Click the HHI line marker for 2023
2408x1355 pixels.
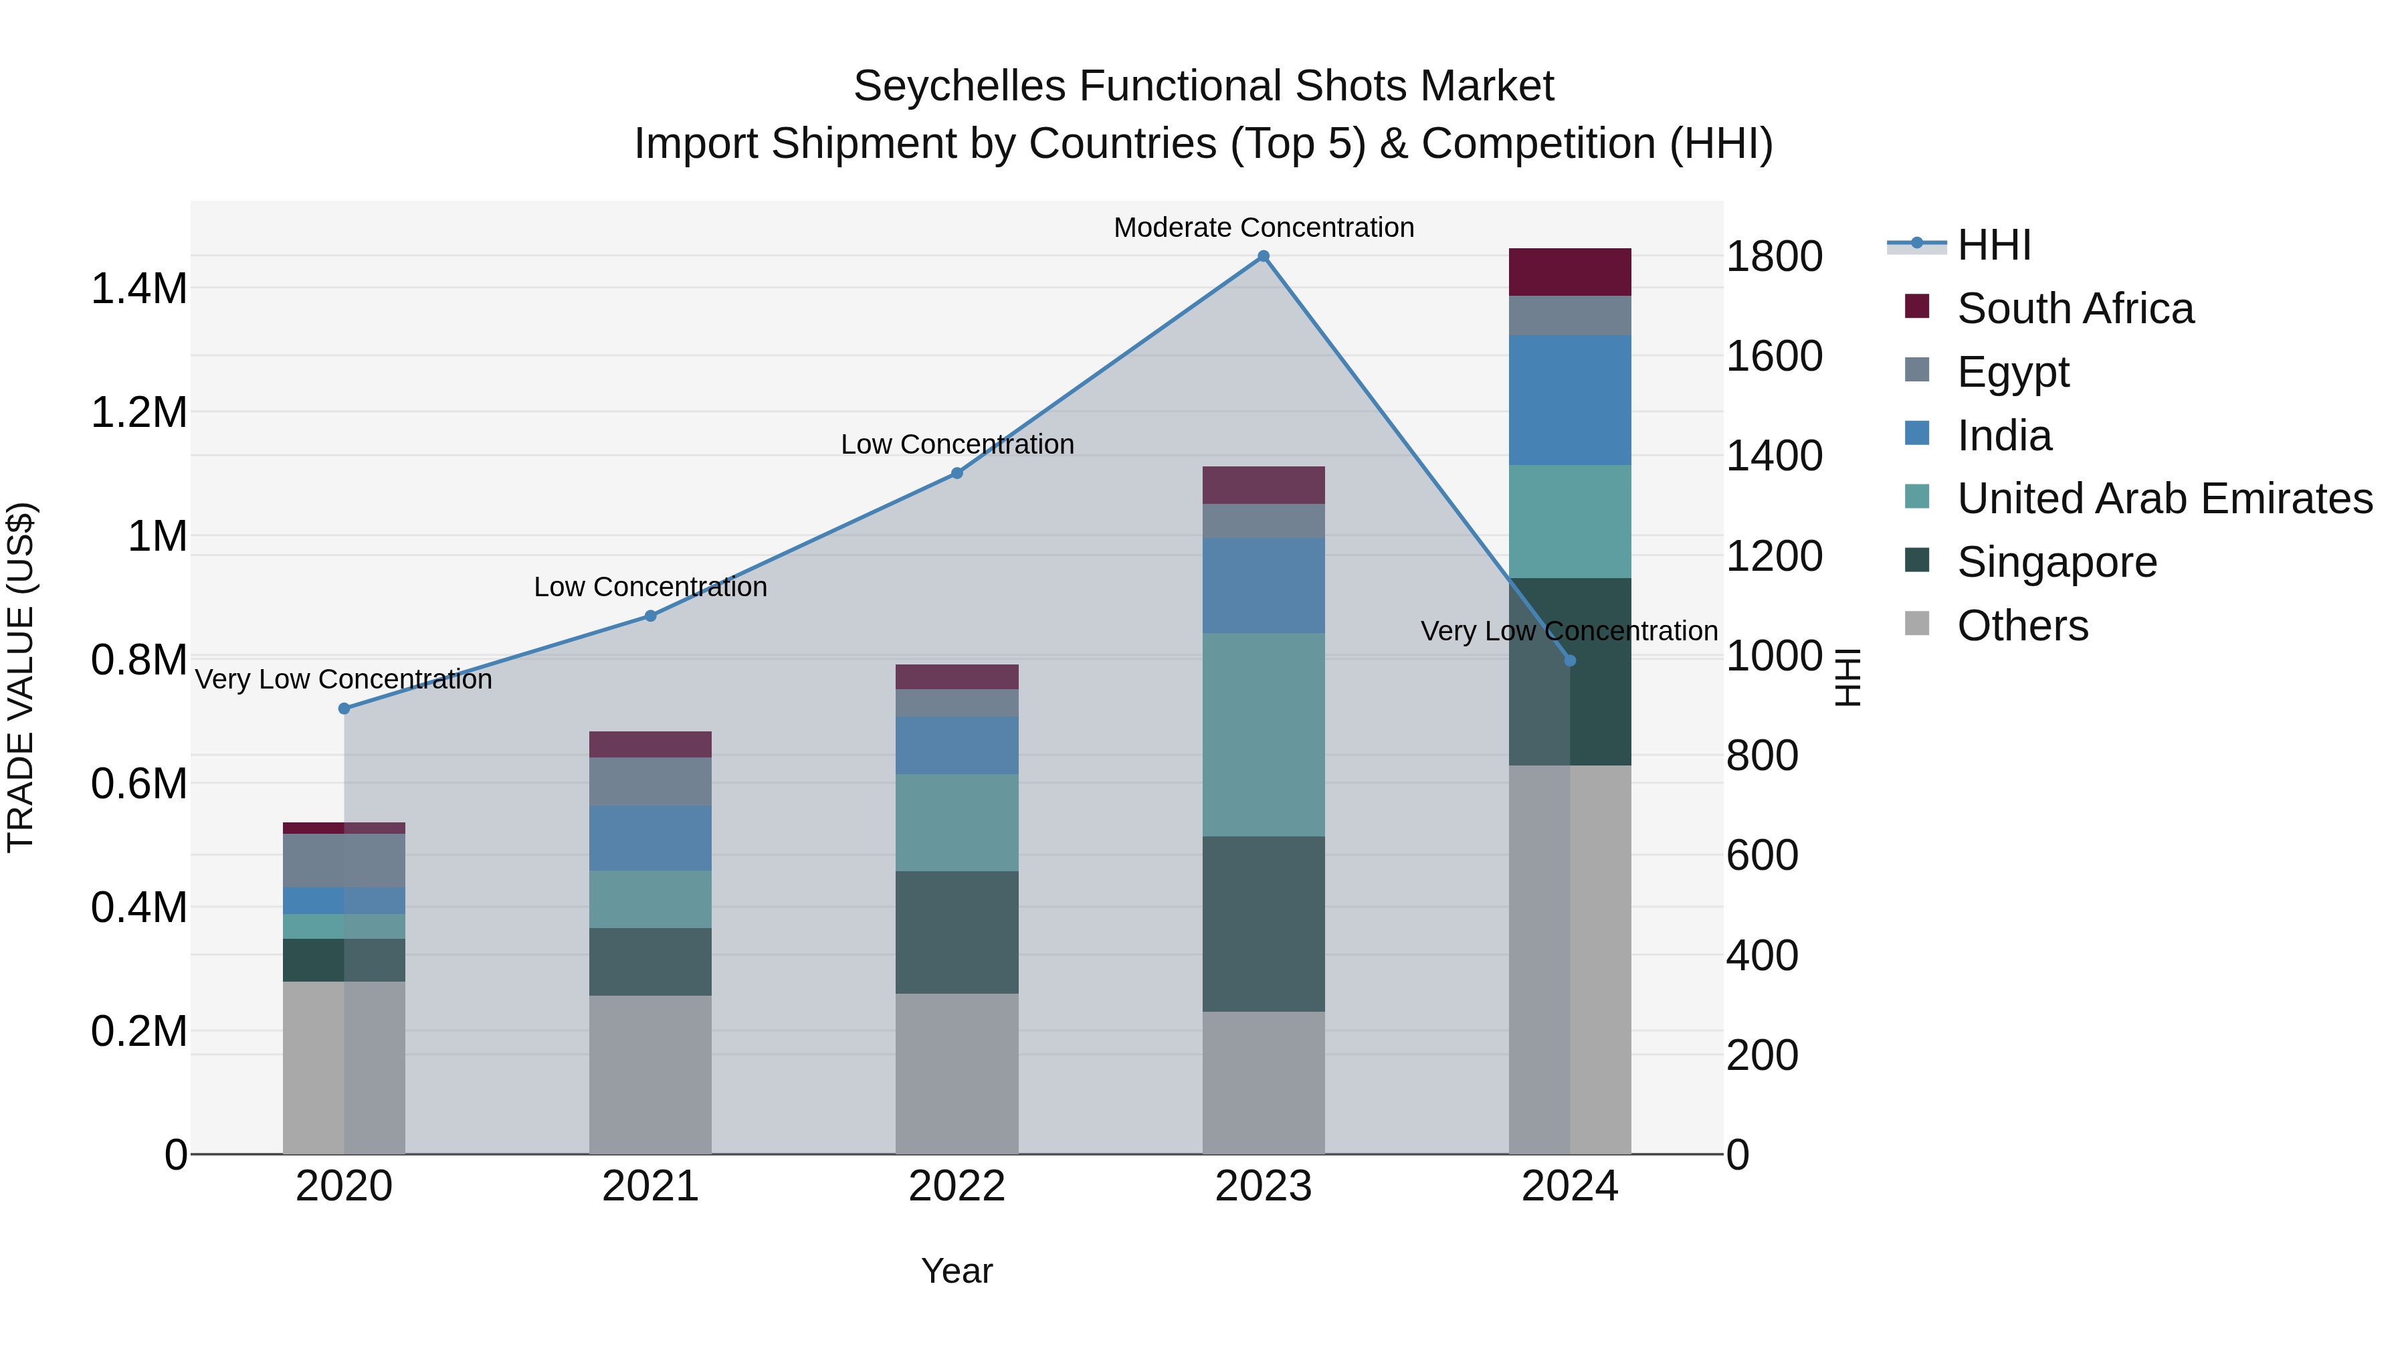[x=1263, y=256]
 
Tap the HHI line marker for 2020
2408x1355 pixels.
[x=344, y=709]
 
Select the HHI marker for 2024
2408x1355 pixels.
[x=1569, y=661]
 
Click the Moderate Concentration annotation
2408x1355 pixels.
[x=1263, y=228]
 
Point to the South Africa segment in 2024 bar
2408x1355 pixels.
[x=1569, y=272]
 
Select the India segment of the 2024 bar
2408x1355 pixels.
[x=1569, y=400]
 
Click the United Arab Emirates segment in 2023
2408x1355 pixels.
[x=1263, y=735]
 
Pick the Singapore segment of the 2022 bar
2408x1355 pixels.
[x=957, y=932]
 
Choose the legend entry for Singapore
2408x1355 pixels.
[x=2057, y=563]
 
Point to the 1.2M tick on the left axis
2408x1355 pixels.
[x=138, y=412]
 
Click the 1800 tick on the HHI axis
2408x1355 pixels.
[x=1773, y=257]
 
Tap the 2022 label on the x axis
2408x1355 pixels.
[x=957, y=1186]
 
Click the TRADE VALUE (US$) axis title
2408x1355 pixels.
[x=21, y=678]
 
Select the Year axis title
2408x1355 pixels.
[x=957, y=1271]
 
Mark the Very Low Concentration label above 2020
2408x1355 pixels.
[x=343, y=680]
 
